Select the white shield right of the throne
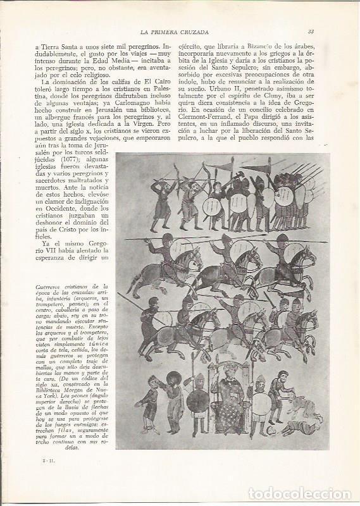[x=261, y=397]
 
